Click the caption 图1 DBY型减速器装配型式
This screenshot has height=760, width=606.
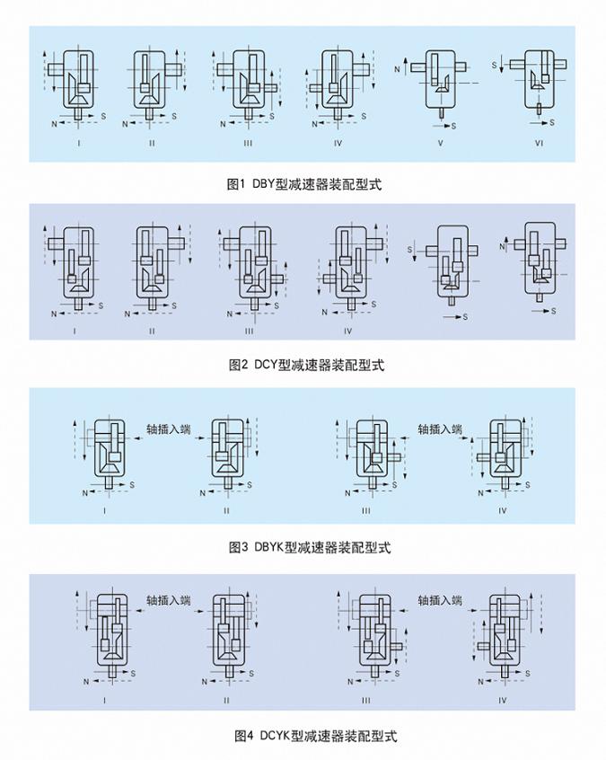pyautogui.click(x=304, y=185)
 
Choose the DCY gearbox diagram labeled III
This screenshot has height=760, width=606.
pyautogui.click(x=250, y=266)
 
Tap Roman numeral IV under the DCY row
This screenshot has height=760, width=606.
pyautogui.click(x=347, y=331)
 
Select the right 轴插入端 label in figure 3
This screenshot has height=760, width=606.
pyautogui.click(x=439, y=429)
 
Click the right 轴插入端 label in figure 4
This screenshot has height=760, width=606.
pyautogui.click(x=439, y=600)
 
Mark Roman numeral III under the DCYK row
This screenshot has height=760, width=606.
pyautogui.click(x=366, y=700)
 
